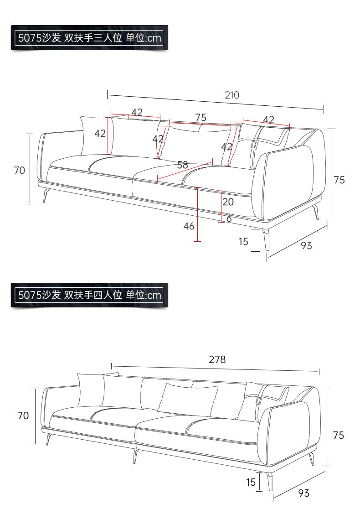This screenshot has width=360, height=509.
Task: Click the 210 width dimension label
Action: point(232,95)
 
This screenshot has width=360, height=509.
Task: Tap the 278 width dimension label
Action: point(217,359)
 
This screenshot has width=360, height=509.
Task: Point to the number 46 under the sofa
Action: point(189,226)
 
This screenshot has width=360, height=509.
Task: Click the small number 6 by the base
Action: point(229,219)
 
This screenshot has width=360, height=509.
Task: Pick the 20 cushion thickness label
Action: point(228,202)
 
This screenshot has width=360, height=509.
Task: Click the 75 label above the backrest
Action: point(201,118)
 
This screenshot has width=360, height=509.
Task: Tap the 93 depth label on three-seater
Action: point(306,245)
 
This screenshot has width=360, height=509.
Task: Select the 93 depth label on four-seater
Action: point(303,493)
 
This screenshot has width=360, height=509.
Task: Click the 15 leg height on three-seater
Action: point(243,241)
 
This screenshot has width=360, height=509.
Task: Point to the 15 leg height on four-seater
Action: point(251,482)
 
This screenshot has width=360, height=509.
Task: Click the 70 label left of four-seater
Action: point(23,416)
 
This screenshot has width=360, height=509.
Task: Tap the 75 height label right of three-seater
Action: point(339,180)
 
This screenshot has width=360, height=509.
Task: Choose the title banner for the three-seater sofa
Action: point(89,37)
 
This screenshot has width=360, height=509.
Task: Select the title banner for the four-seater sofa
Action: point(89,295)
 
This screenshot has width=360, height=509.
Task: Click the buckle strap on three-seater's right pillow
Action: point(254,144)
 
